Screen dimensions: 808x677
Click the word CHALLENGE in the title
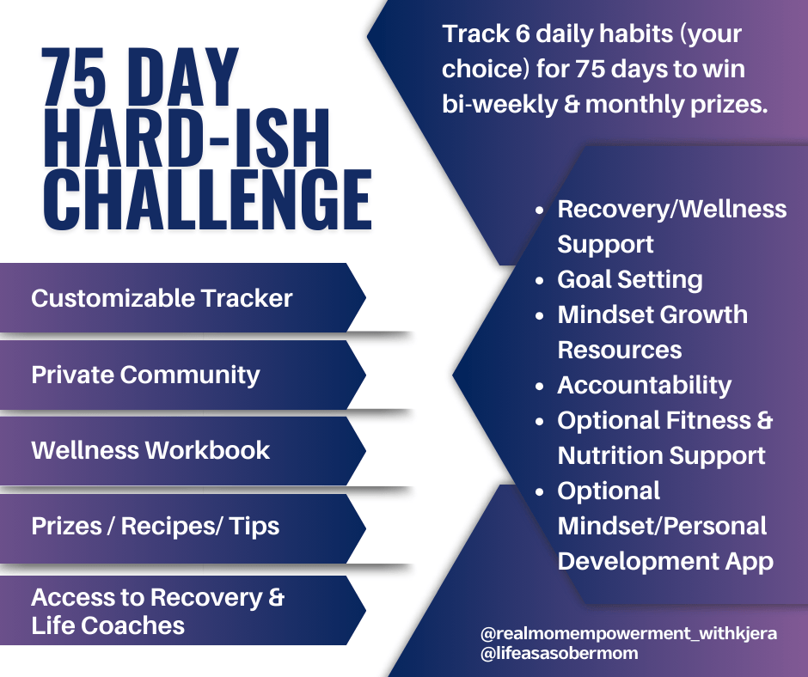point(208,198)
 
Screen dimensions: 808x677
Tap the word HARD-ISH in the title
point(187,138)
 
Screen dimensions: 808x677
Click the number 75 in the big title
point(74,77)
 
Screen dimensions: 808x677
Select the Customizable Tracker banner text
point(162,298)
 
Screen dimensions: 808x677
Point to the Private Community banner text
point(146,375)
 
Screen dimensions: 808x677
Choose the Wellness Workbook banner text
point(150,450)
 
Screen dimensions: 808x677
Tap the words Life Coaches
point(107,625)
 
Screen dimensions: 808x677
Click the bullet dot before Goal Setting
point(540,281)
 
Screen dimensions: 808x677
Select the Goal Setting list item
point(630,280)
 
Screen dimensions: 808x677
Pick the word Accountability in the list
point(644,386)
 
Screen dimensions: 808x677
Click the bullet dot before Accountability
point(540,387)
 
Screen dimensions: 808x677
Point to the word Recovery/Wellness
point(672,209)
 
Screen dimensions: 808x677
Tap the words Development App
point(665,562)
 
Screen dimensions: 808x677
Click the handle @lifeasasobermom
point(559,653)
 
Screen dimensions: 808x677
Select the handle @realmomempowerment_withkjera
point(628,633)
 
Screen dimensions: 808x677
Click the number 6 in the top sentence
point(523,34)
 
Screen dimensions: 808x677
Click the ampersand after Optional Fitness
point(765,420)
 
